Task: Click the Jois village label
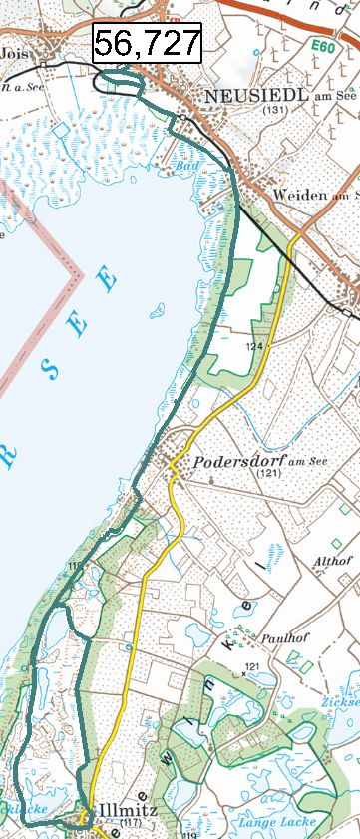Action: point(14,53)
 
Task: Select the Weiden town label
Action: point(299,196)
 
